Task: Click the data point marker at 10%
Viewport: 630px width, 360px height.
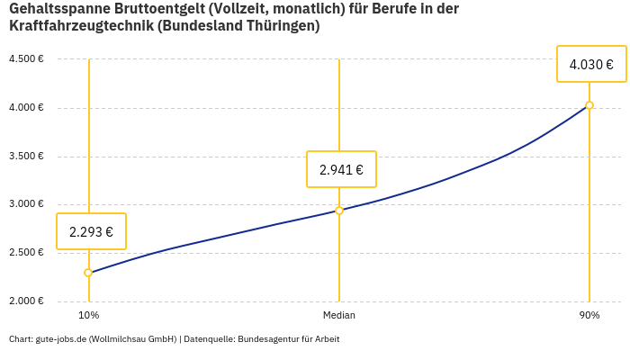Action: tap(88, 273)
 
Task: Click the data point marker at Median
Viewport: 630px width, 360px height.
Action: tap(339, 211)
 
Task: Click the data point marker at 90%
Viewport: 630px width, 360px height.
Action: tap(589, 105)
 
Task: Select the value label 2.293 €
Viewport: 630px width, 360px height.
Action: tap(91, 231)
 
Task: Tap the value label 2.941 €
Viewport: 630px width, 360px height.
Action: tap(341, 169)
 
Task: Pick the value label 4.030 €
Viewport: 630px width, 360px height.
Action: tap(591, 64)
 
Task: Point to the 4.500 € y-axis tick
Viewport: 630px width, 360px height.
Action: tap(26, 59)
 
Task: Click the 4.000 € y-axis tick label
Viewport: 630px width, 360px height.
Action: tap(26, 108)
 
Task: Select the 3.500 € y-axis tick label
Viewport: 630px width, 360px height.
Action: tap(26, 157)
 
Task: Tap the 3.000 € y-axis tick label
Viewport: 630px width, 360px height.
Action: tap(26, 204)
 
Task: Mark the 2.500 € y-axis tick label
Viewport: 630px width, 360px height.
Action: tap(26, 253)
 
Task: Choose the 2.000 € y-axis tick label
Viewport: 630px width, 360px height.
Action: tap(26, 301)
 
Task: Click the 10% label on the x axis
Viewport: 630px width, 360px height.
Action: tap(88, 316)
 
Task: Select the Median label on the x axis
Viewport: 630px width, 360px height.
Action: tap(339, 316)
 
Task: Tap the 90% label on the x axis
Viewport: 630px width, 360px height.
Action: tap(589, 316)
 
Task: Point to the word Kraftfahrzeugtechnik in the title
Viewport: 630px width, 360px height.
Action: tap(81, 26)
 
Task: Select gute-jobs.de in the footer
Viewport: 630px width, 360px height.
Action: tap(60, 339)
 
